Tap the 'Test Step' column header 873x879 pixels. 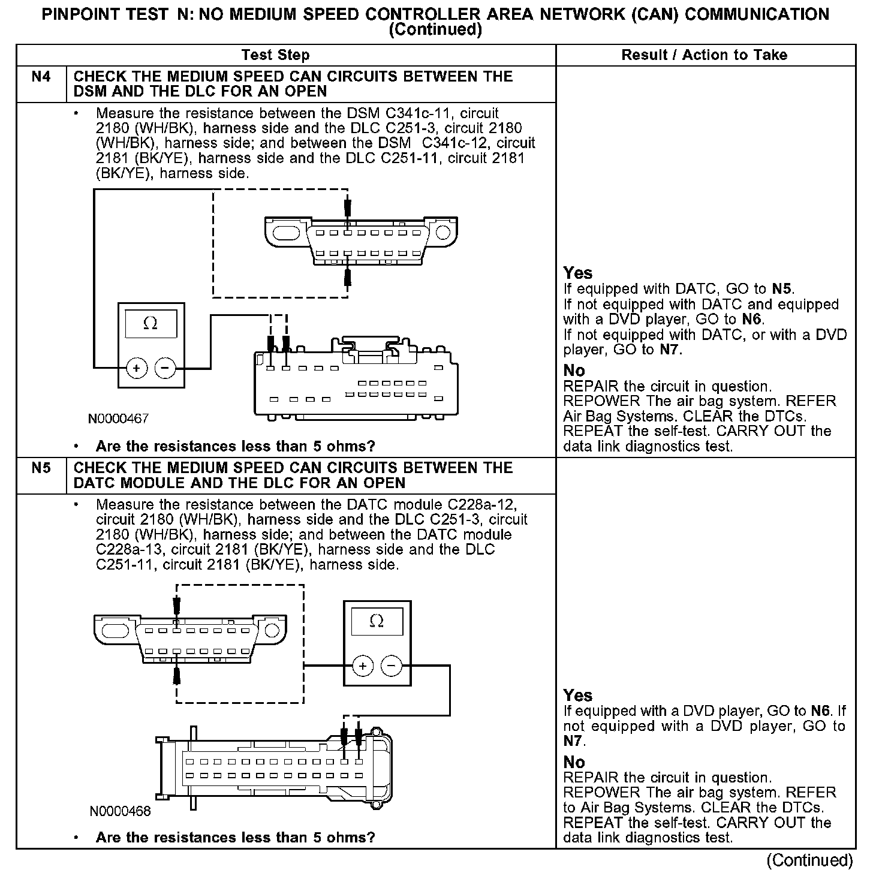(x=275, y=55)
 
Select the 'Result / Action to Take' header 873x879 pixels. (x=704, y=55)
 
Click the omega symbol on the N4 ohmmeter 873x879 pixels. (x=150, y=324)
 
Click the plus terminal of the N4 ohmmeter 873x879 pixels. (x=137, y=368)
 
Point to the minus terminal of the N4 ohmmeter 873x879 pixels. (x=165, y=368)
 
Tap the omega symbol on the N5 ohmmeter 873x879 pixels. (x=377, y=621)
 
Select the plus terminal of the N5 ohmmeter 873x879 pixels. (x=362, y=666)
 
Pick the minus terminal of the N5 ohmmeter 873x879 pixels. (x=391, y=666)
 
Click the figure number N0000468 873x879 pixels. (x=120, y=811)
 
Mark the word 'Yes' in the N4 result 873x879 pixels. (x=578, y=273)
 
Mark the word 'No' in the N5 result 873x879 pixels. (x=574, y=762)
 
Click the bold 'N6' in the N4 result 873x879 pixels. (x=752, y=320)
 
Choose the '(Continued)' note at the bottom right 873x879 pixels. (x=809, y=860)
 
